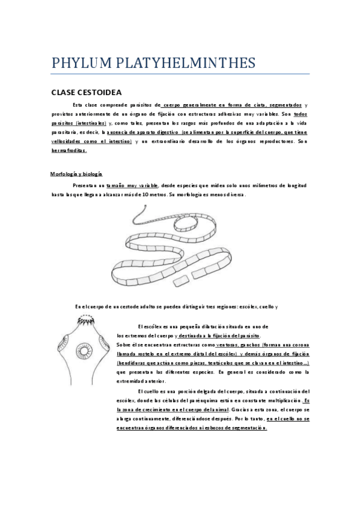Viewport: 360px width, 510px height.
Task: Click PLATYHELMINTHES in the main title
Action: click(x=186, y=63)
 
